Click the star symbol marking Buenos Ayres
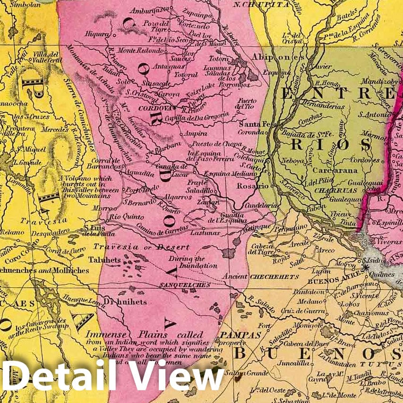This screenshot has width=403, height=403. pos(365,268)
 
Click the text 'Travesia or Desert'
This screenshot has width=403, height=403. pos(141,247)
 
